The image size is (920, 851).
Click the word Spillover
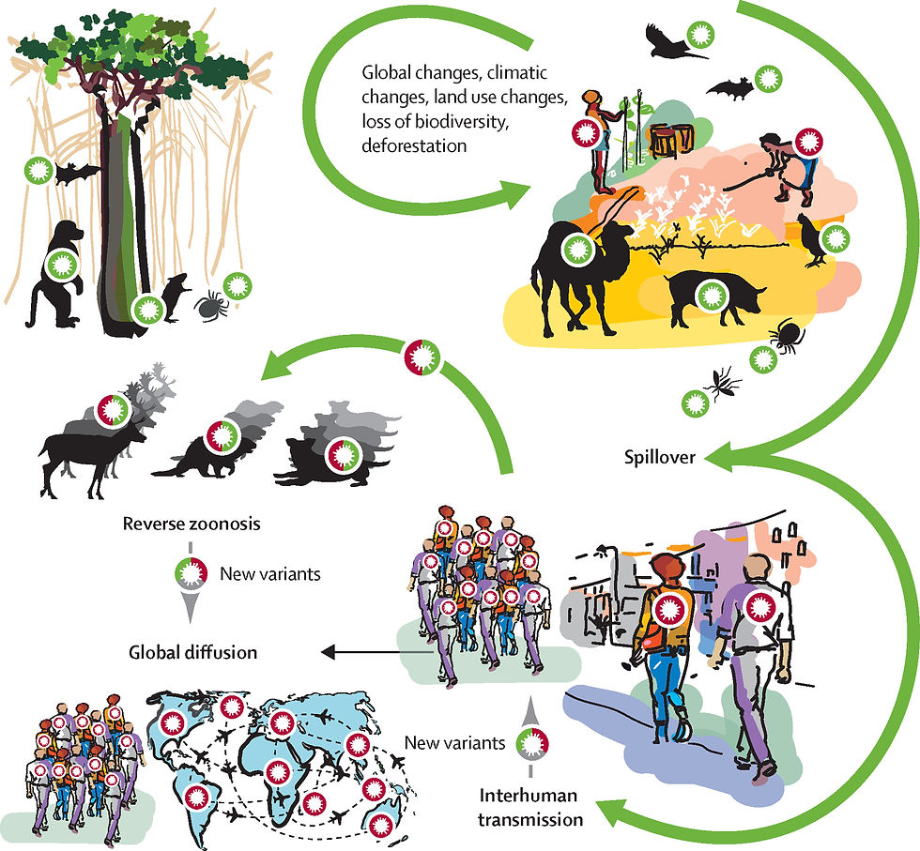point(659,458)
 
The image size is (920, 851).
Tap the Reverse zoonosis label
point(192,524)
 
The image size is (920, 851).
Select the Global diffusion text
point(193,652)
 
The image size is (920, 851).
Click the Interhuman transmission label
point(530,807)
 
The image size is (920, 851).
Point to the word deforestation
point(414,144)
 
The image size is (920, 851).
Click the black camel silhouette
point(578,276)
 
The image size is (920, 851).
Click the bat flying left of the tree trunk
point(76,173)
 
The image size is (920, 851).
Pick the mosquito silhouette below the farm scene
point(723,384)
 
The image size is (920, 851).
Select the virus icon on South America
point(196,798)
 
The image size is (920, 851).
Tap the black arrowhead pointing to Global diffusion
point(328,651)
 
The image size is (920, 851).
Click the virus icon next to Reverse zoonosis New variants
point(191,573)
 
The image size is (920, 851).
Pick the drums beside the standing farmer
point(671,140)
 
